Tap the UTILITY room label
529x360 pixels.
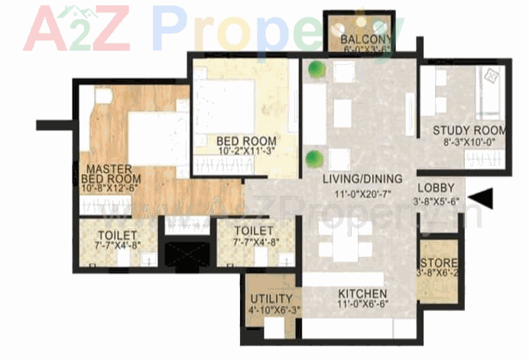click(x=271, y=298)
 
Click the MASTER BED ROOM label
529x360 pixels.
click(x=108, y=173)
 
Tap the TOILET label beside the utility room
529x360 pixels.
click(x=254, y=230)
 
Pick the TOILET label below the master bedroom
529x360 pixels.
click(x=117, y=234)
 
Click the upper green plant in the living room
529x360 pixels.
click(x=312, y=70)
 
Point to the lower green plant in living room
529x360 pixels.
click(x=312, y=160)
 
